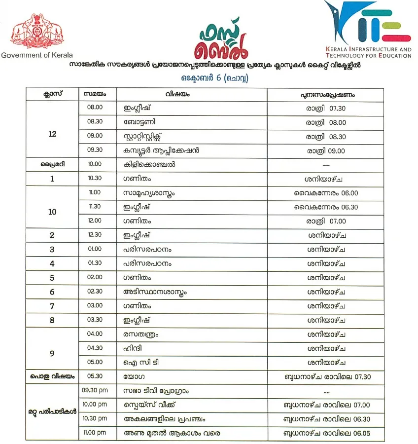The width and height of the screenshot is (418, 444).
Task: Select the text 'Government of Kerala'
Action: click(37, 55)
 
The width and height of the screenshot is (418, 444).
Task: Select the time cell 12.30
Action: click(95, 235)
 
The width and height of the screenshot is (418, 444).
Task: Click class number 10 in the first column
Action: click(52, 212)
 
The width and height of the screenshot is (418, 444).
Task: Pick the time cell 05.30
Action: click(95, 376)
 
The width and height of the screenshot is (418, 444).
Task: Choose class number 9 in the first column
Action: click(52, 354)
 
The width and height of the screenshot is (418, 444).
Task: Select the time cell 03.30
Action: click(95, 320)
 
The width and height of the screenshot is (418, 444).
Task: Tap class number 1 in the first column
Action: click(52, 179)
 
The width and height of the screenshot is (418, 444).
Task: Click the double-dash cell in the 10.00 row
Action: click(325, 164)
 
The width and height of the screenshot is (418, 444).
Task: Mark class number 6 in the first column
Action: click(52, 292)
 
